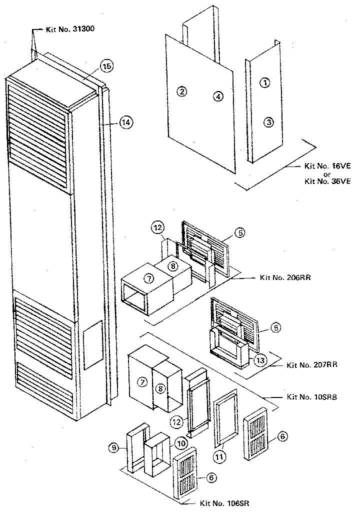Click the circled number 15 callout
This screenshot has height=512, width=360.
coord(106,65)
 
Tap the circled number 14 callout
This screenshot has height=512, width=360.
coord(126,121)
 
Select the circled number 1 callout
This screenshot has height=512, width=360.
coord(266,83)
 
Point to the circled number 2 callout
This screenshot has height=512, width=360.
coord(181,91)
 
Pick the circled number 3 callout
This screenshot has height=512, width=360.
coord(268,121)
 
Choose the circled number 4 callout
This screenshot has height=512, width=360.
coord(217,96)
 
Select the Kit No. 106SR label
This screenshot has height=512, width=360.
coord(224,503)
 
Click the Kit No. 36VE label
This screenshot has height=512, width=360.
coord(327,181)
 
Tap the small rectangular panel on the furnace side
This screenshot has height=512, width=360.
coord(93,345)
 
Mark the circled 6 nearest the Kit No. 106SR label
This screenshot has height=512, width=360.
coord(212,478)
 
